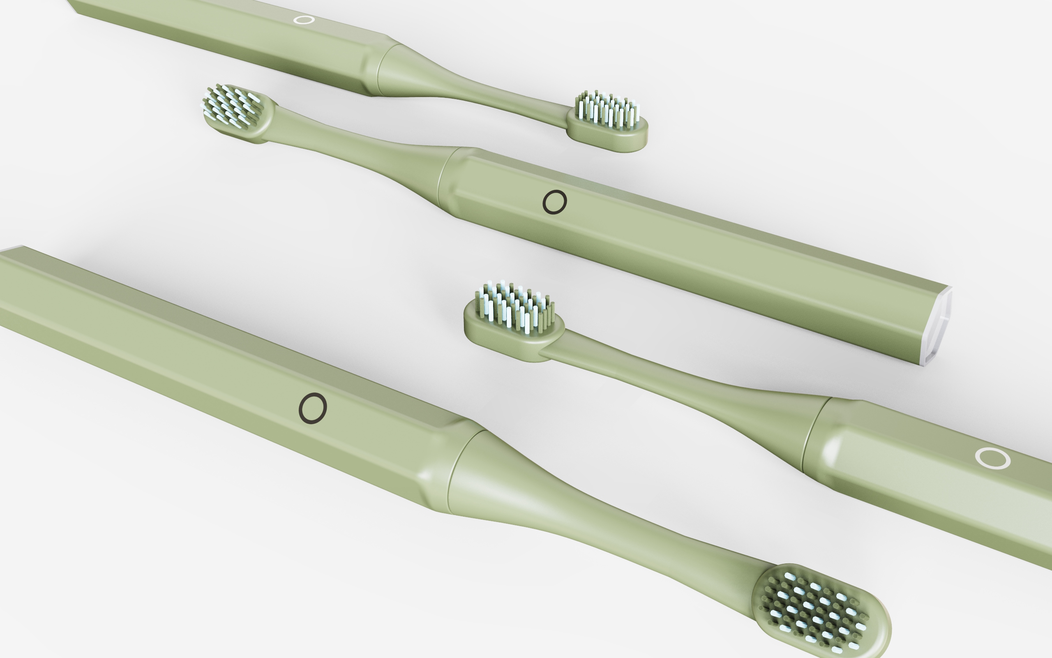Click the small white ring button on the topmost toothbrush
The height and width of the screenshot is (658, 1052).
(304, 20)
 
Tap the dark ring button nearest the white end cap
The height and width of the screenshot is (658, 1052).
(555, 202)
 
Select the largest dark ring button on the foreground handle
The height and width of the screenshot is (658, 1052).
(312, 408)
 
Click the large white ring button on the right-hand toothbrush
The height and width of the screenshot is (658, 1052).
(992, 458)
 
